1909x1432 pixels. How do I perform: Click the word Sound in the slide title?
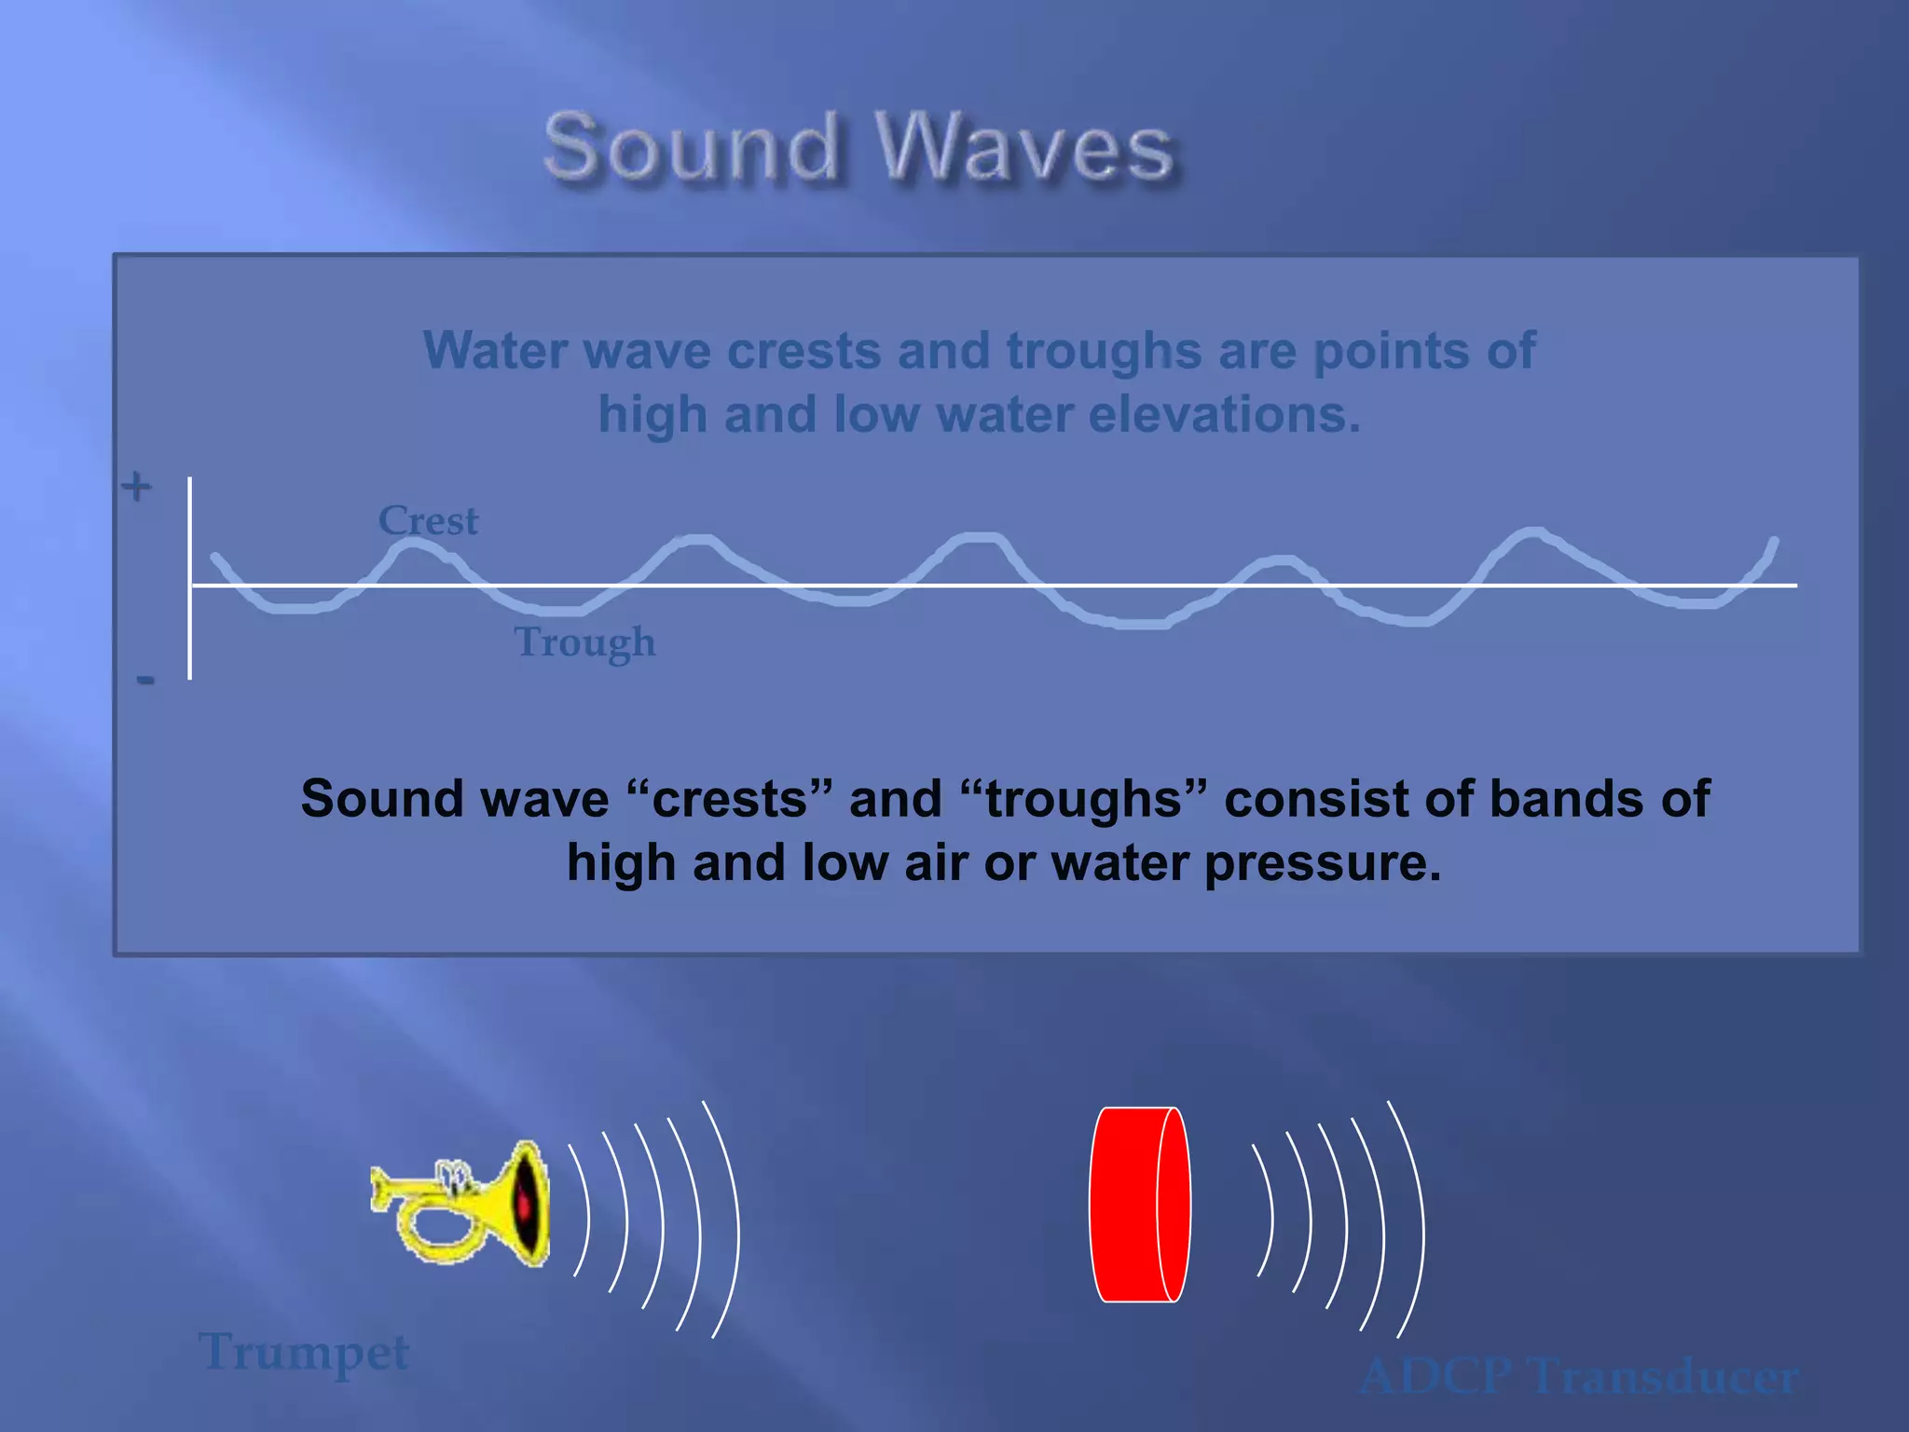click(692, 147)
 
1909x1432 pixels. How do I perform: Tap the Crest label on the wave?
click(428, 520)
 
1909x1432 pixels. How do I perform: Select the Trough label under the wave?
click(584, 642)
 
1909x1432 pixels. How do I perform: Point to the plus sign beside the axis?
click(137, 486)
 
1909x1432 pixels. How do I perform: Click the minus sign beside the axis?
click(145, 680)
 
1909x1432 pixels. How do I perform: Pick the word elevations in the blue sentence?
click(1224, 414)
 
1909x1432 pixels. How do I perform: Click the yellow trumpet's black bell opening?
click(528, 1205)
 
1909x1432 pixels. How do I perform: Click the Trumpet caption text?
click(304, 1352)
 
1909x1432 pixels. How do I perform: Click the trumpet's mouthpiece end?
click(378, 1191)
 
